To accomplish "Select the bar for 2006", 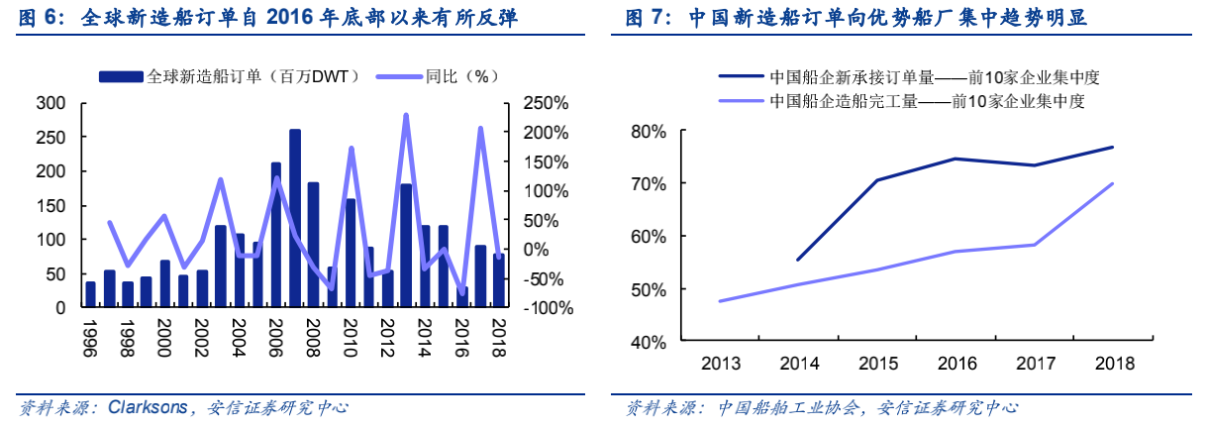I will click(x=276, y=235).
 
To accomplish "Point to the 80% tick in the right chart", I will click(x=650, y=131).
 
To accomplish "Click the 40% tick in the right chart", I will click(x=650, y=342).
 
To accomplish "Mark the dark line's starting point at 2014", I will click(x=798, y=260).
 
